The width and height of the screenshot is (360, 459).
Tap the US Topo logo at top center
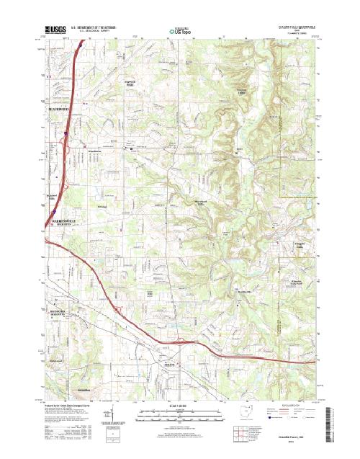coord(179,31)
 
